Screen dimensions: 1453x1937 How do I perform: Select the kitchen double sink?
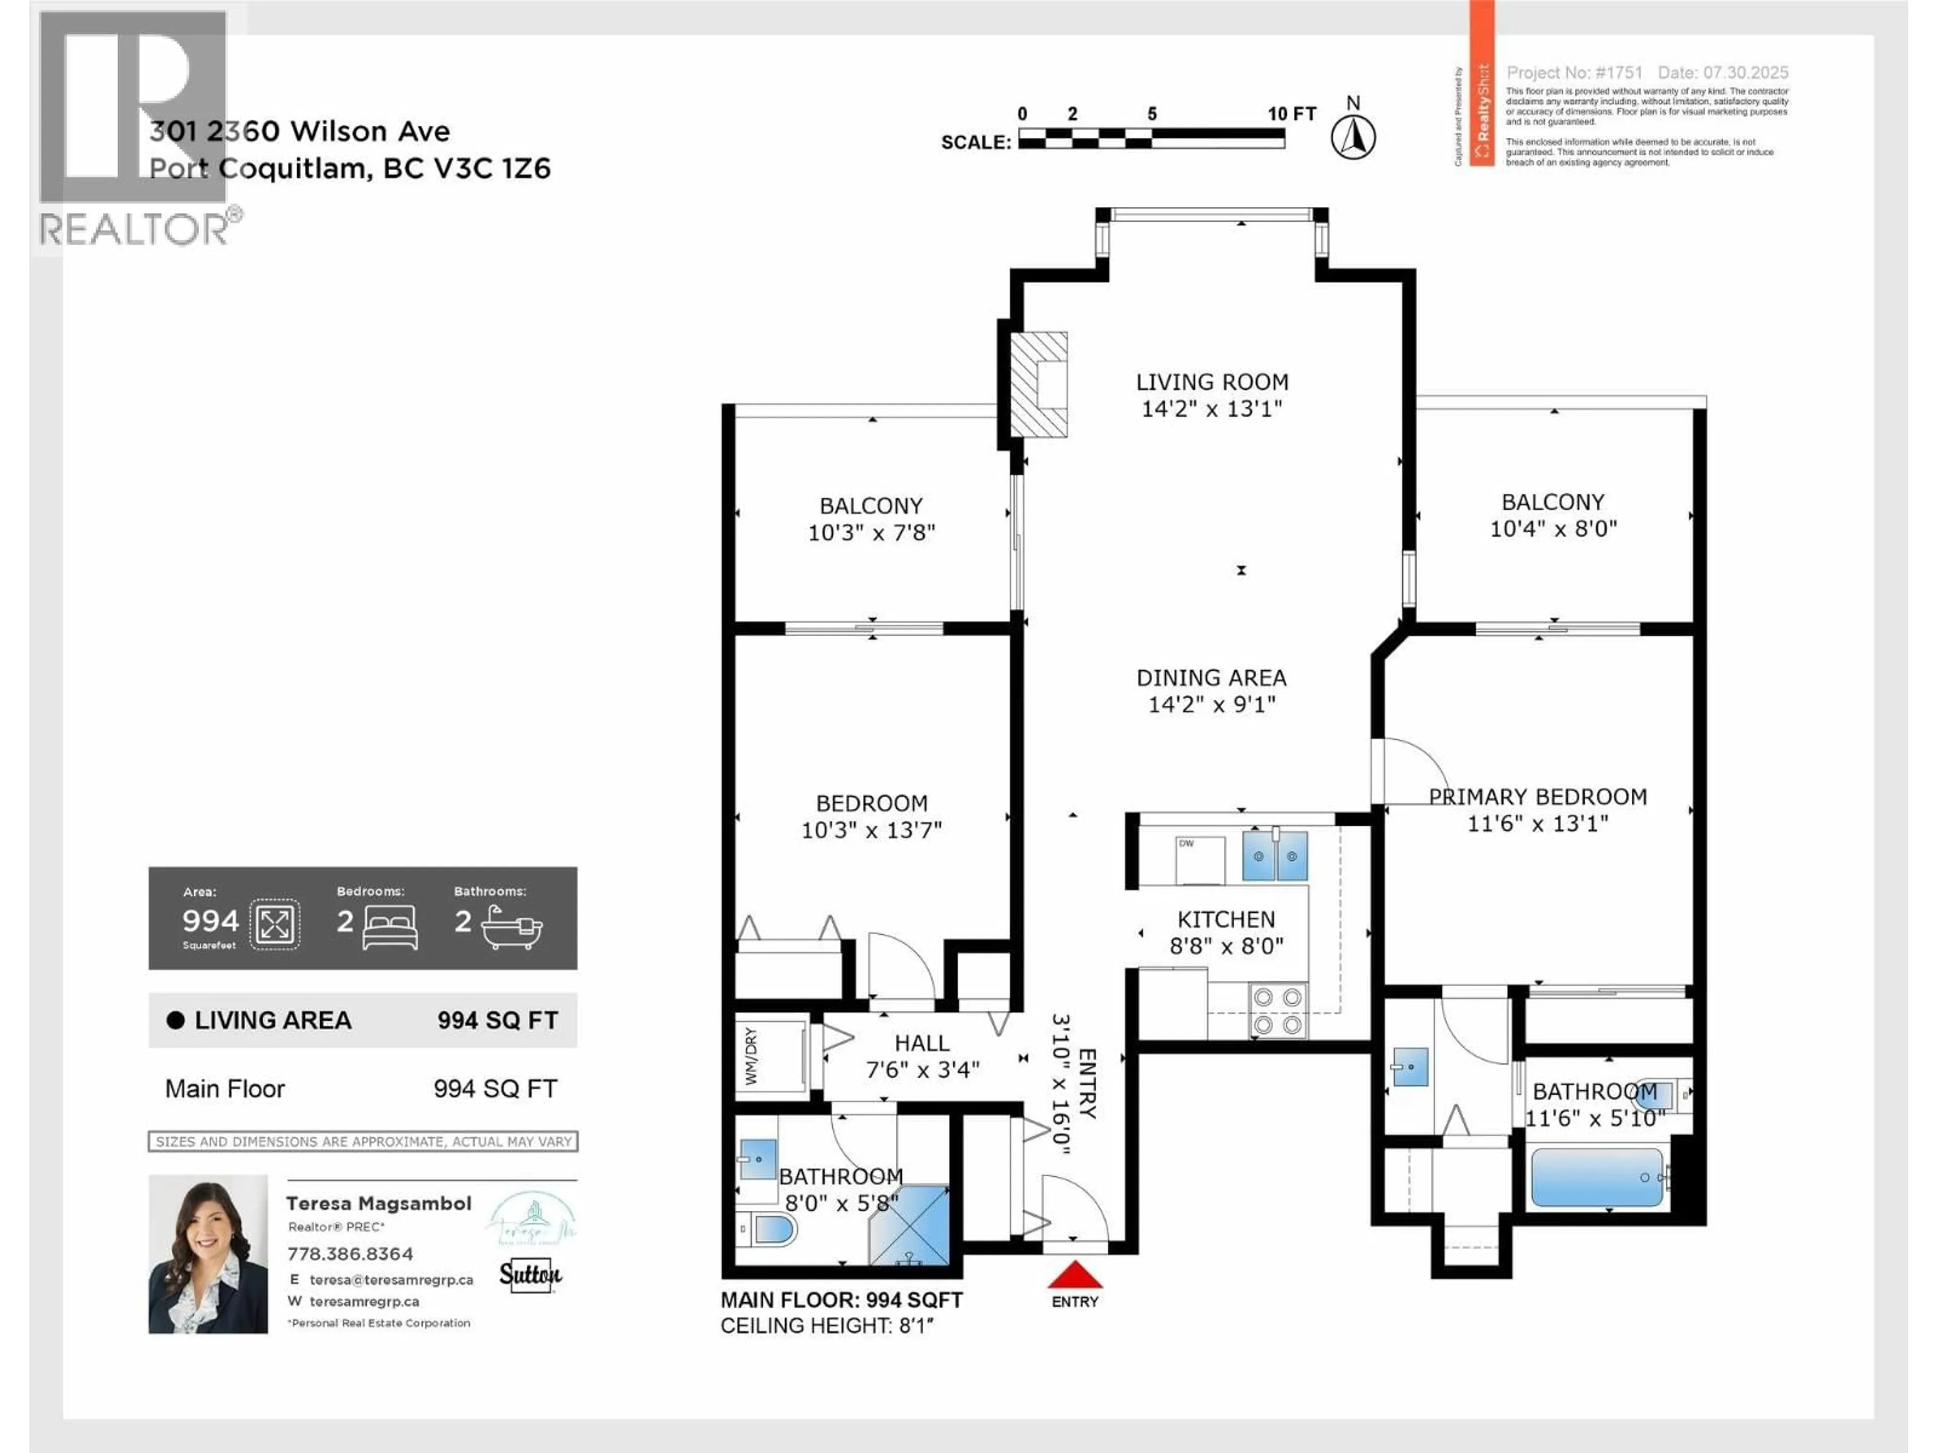[x=1275, y=856]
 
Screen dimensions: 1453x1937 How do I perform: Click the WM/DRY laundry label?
[x=751, y=1056]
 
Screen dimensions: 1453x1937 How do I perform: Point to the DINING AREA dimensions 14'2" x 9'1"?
[x=1212, y=704]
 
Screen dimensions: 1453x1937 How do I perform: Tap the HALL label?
[x=921, y=1043]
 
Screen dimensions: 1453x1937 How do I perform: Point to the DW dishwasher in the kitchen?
[x=1199, y=860]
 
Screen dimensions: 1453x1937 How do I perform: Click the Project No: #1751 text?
[x=1574, y=73]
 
